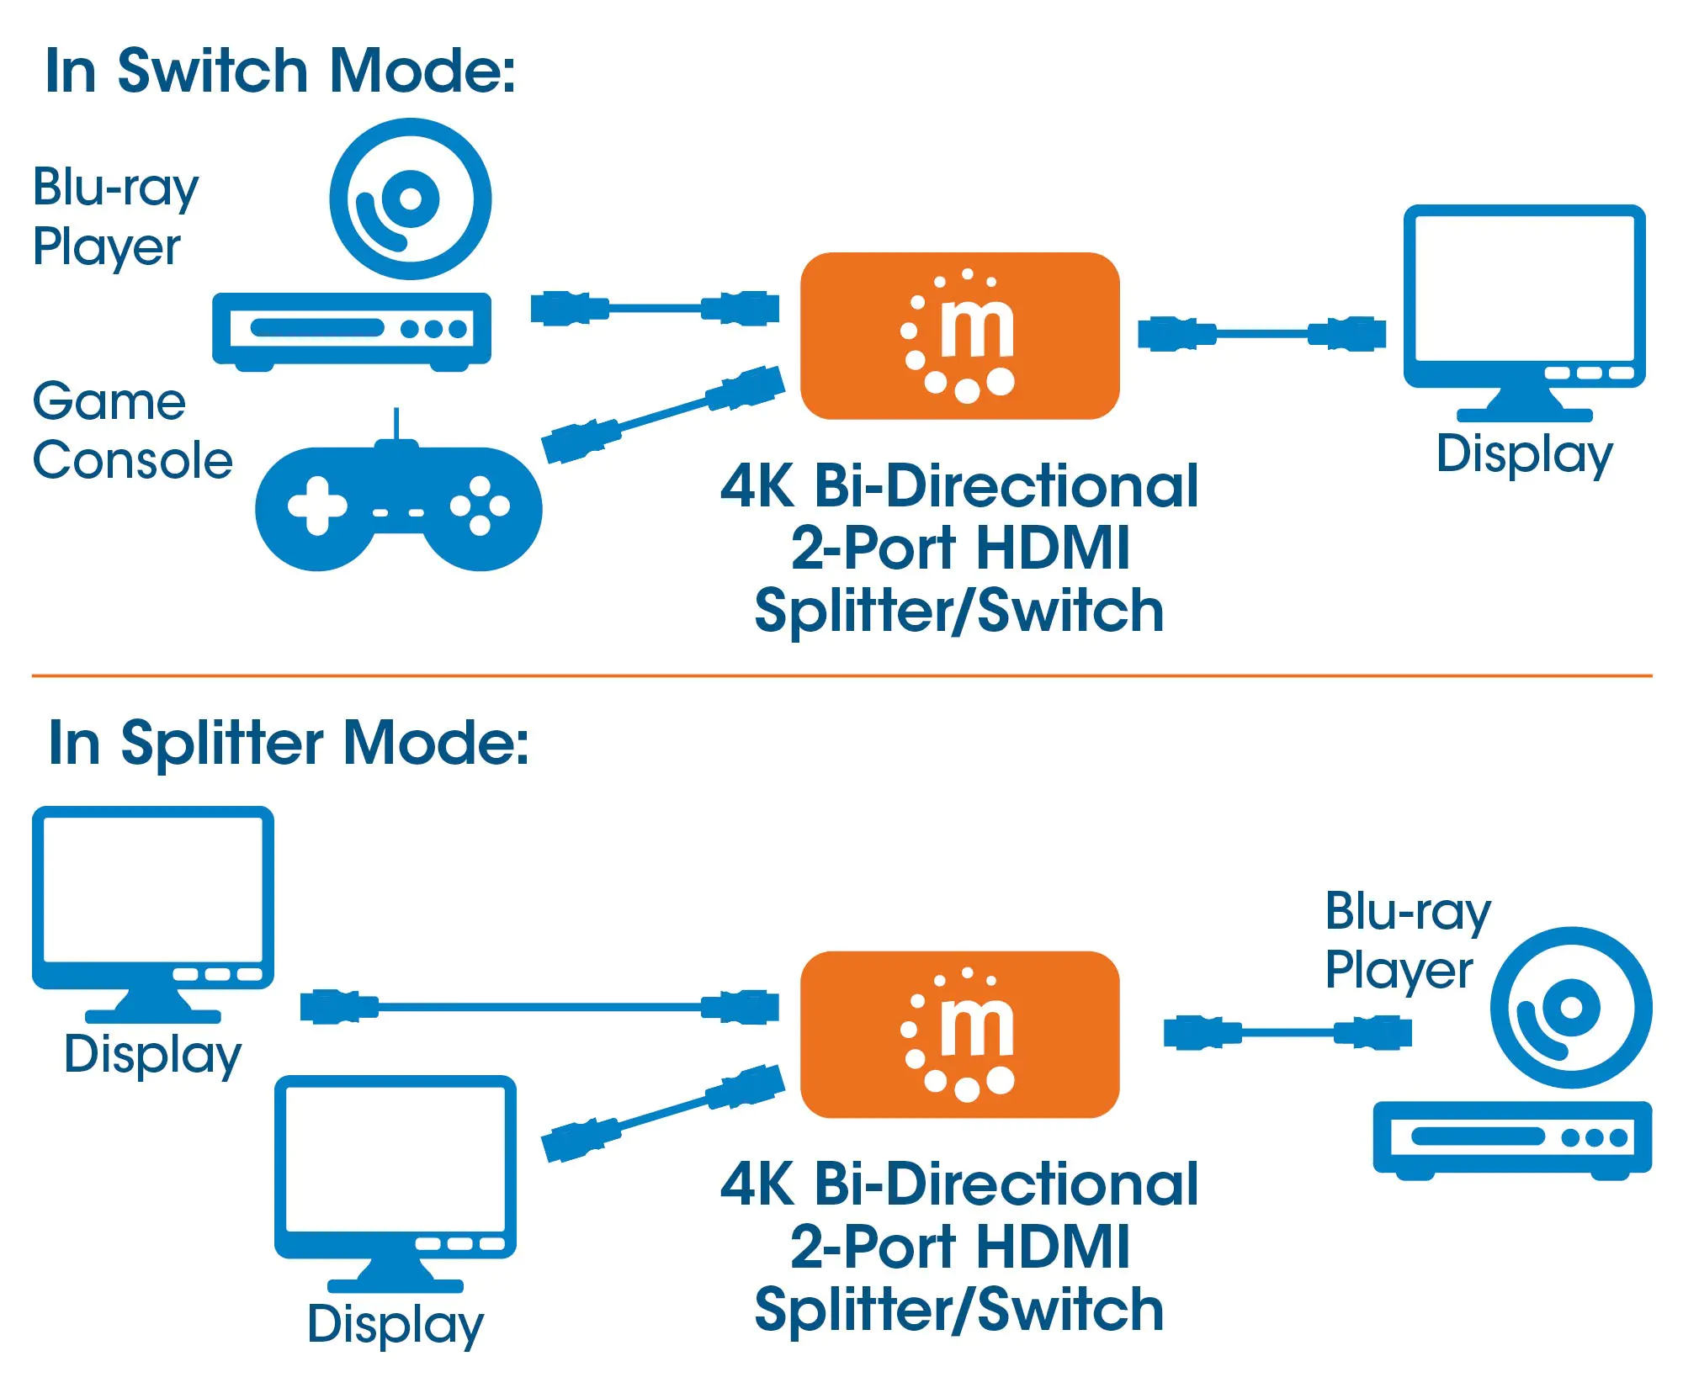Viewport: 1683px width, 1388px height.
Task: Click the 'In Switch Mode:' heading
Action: [280, 71]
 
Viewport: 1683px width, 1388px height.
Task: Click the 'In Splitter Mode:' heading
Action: [289, 743]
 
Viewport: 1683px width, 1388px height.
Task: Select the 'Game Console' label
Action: [132, 431]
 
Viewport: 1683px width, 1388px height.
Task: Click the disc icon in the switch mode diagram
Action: [410, 199]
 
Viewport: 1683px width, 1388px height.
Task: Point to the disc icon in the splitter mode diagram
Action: [1570, 1007]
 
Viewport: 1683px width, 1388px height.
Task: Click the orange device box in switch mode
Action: [959, 336]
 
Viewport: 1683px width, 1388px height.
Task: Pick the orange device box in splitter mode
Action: [959, 1034]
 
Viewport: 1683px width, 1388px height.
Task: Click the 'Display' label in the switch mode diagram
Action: [1524, 454]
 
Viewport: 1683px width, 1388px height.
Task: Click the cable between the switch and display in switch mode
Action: [1261, 334]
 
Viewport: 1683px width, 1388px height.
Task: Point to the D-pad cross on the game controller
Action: [317, 506]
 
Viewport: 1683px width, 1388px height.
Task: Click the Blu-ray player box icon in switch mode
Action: [352, 330]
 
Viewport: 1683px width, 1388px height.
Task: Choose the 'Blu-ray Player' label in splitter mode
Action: [1407, 940]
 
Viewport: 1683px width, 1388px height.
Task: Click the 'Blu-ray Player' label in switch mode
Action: [115, 216]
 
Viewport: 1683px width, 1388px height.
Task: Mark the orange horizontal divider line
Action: [841, 675]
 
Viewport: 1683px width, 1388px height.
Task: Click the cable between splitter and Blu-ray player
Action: [1287, 1032]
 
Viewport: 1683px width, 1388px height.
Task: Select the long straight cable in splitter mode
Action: [539, 1006]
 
